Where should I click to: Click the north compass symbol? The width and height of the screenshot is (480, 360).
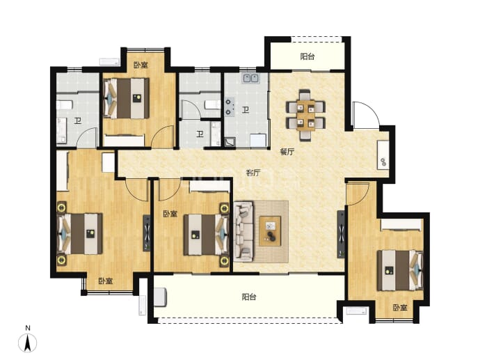(28, 343)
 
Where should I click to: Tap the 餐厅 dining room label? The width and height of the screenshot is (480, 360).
(287, 152)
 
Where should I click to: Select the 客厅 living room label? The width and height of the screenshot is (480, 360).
(253, 173)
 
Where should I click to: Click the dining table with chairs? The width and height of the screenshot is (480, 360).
(305, 115)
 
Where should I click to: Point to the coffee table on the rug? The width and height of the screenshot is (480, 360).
(270, 231)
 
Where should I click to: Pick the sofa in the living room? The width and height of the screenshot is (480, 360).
(243, 232)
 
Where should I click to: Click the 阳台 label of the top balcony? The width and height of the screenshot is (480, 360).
(307, 56)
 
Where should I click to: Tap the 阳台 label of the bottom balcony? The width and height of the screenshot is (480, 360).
(249, 297)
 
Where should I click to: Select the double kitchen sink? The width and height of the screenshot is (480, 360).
(250, 79)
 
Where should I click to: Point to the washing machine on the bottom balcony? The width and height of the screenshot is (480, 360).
(160, 297)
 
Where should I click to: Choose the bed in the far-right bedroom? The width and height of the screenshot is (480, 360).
(400, 271)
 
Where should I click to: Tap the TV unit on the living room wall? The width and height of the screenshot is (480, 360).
(341, 234)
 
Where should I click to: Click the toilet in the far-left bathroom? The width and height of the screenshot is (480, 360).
(64, 105)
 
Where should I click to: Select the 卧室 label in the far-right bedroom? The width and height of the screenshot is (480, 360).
(400, 307)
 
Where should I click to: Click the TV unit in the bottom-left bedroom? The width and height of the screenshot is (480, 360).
(147, 233)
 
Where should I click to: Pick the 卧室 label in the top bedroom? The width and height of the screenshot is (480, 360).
(141, 65)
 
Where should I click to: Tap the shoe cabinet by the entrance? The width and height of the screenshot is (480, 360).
(383, 155)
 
